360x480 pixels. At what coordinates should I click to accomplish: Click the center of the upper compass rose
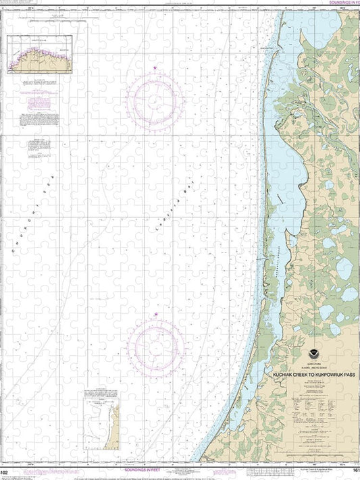(x=155, y=101)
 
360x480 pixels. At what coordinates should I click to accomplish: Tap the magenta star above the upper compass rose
(x=155, y=68)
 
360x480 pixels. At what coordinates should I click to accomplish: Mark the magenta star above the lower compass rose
(x=155, y=315)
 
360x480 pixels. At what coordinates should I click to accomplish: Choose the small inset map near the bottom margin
(x=101, y=418)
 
